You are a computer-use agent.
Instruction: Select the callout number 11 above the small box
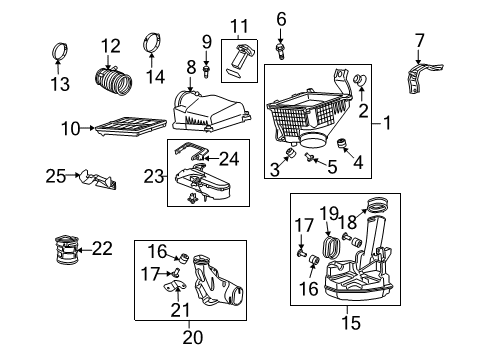pos(237,25)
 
